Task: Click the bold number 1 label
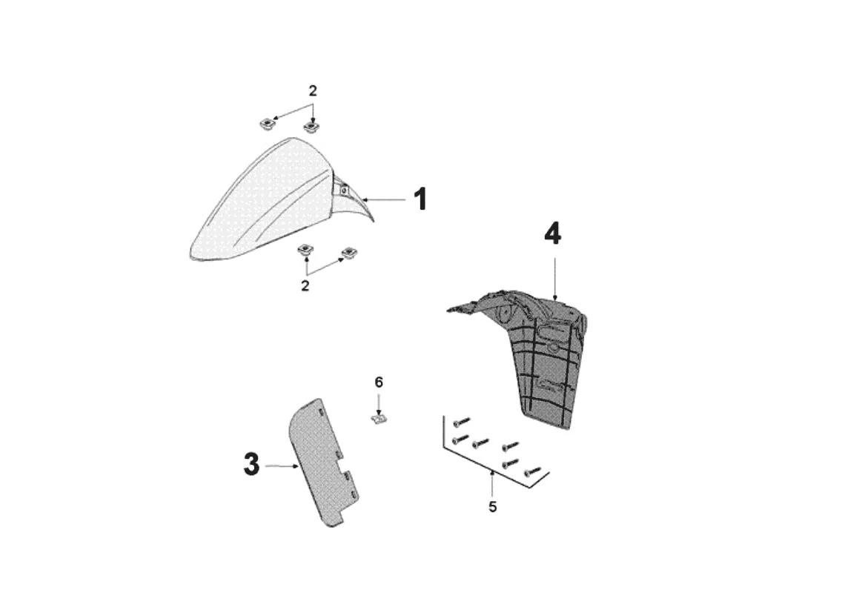coord(420,199)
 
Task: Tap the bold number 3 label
coord(251,466)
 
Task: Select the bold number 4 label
coord(552,234)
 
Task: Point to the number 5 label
coord(493,507)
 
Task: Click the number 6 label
coord(379,382)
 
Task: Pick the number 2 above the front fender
coord(313,91)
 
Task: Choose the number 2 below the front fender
coord(305,286)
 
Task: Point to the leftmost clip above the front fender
coord(265,121)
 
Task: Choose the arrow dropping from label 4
coord(555,278)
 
